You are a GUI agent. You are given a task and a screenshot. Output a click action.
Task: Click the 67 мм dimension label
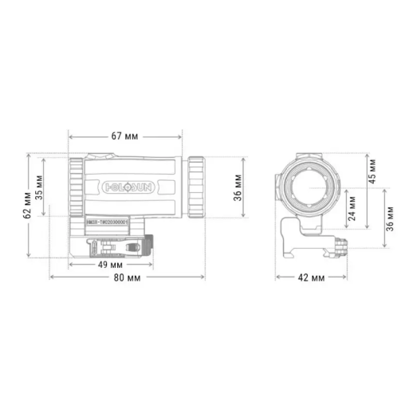pos(127,136)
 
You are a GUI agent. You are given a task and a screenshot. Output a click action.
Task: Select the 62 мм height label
pos(29,203)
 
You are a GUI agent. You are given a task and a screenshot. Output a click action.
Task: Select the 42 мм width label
pos(310,277)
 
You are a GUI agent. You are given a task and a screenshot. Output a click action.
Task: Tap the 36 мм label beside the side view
pos(238,191)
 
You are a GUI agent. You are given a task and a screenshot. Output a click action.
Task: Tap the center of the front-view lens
pos(309,188)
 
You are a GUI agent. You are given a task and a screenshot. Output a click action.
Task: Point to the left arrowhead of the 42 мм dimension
pos(278,277)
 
